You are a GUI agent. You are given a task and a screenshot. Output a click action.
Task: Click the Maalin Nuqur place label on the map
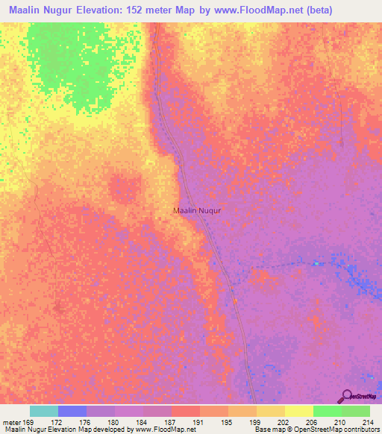pos(197,210)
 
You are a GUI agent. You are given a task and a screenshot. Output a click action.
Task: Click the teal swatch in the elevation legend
pos(44,411)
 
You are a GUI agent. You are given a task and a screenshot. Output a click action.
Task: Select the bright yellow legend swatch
pos(299,411)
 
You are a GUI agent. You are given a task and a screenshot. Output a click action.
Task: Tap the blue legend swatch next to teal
pos(72,411)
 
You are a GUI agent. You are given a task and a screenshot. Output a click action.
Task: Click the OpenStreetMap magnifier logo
pos(346,396)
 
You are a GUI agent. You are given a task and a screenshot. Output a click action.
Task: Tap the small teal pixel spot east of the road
pos(316,262)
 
